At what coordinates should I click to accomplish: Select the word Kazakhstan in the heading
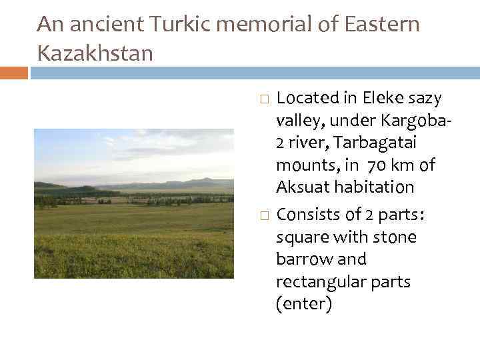95,52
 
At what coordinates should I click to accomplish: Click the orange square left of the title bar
14,72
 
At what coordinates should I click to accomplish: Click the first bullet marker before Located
264,99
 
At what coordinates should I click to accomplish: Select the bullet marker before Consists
264,215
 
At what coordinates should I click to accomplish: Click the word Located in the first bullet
307,99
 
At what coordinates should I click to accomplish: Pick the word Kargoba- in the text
414,121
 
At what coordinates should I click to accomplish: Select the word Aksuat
301,187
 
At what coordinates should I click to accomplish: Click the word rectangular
317,282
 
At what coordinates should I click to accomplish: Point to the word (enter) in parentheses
303,305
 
